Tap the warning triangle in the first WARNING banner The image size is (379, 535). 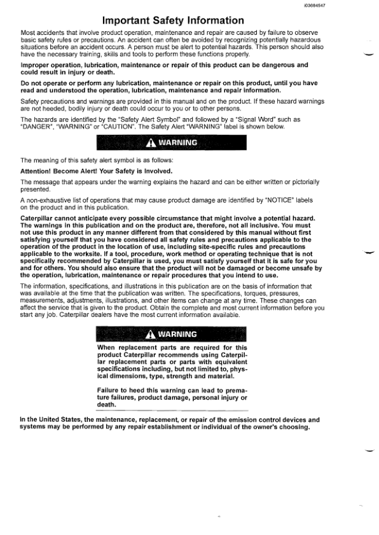[154, 143]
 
